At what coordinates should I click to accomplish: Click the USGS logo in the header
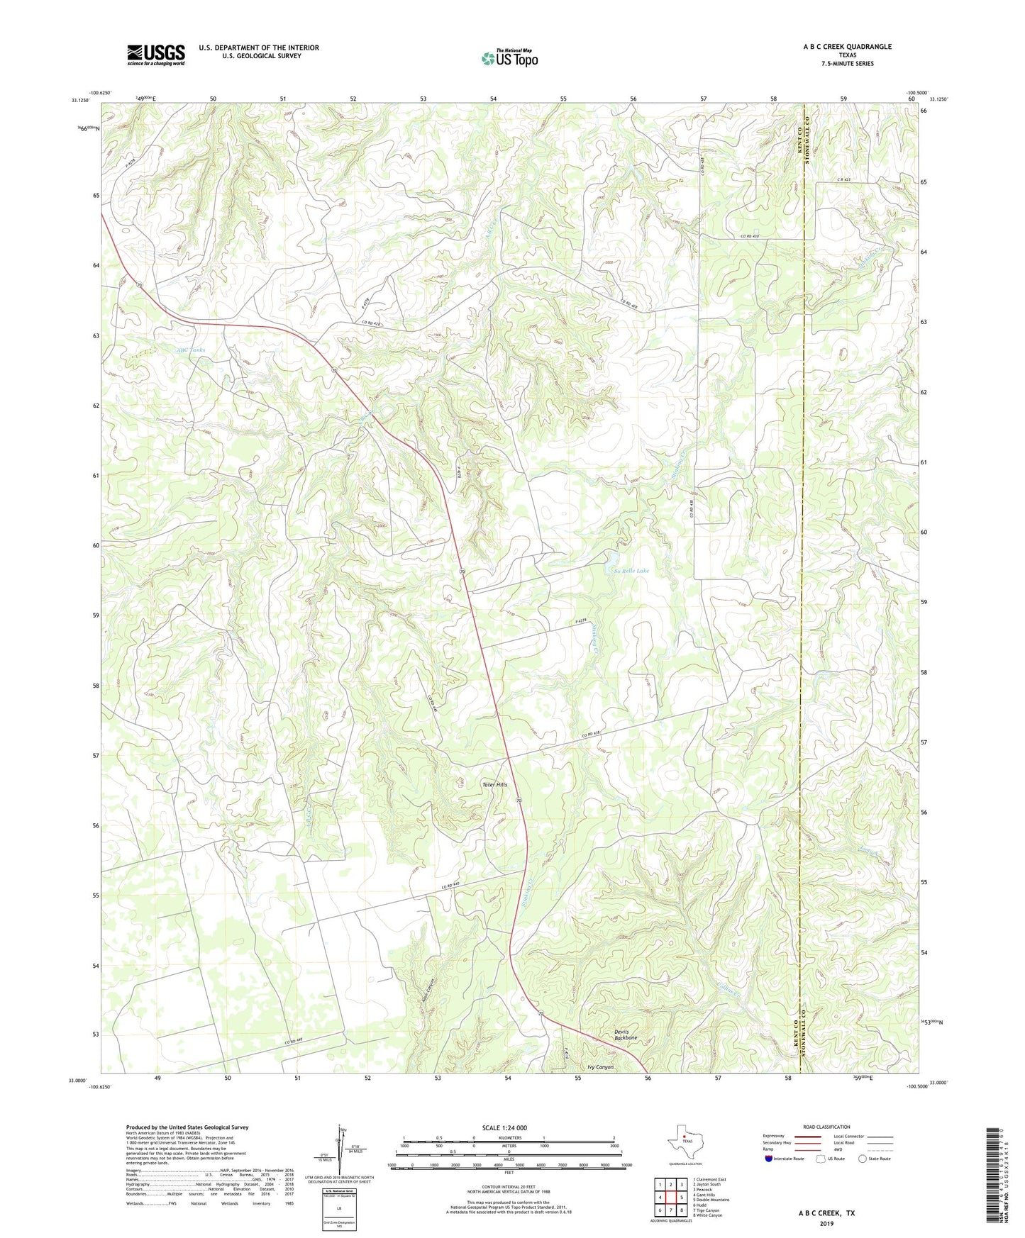(x=156, y=55)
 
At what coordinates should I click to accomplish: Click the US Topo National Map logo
(x=509, y=58)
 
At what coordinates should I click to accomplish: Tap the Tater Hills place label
(x=494, y=784)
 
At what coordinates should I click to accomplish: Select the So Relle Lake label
(x=631, y=571)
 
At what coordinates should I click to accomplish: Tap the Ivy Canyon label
(x=600, y=1066)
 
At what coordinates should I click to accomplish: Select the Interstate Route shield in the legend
(x=769, y=1159)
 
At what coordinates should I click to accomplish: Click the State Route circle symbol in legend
(x=862, y=1159)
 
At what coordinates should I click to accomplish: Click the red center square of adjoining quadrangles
(x=670, y=1197)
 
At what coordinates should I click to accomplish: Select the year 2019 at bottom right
(x=826, y=1223)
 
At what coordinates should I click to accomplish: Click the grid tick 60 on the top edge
(x=912, y=99)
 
